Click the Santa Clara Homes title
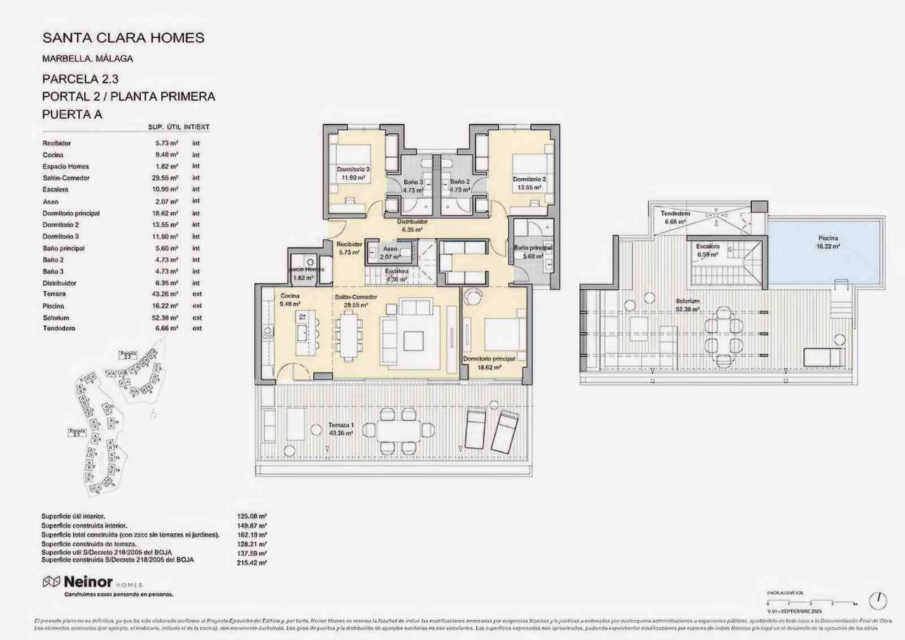point(124,38)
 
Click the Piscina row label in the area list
point(53,306)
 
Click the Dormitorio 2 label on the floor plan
point(530,179)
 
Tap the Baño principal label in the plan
point(533,248)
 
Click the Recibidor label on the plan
point(350,244)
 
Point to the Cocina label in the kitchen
point(290,296)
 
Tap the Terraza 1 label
point(341,426)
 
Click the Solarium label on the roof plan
point(687,301)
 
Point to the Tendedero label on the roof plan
point(675,214)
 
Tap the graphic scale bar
point(812,602)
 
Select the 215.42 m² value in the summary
point(253,562)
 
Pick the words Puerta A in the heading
point(73,112)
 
